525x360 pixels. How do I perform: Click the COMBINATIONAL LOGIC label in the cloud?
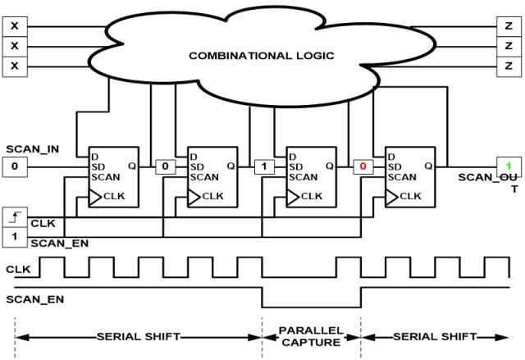click(262, 56)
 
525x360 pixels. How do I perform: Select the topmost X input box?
click(15, 26)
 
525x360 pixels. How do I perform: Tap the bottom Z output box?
click(509, 66)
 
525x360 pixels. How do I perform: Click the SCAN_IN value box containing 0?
click(15, 166)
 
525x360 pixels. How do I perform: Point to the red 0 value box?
click(363, 166)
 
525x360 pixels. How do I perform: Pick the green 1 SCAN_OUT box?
click(509, 166)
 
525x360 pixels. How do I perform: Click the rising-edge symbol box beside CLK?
click(15, 217)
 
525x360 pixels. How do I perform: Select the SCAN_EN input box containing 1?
click(15, 237)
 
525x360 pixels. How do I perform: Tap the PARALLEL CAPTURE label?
click(311, 336)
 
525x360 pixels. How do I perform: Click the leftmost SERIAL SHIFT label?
click(139, 336)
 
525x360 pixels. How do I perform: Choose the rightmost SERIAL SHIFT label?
click(435, 336)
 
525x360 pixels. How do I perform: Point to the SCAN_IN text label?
click(33, 149)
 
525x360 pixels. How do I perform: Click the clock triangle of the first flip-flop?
click(95, 198)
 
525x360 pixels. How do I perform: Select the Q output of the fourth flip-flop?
click(428, 166)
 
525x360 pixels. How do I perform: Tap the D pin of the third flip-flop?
click(292, 157)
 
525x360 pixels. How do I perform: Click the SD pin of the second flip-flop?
click(197, 166)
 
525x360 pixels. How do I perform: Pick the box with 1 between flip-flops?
click(264, 166)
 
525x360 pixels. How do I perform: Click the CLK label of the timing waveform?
click(18, 269)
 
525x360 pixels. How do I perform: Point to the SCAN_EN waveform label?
click(34, 299)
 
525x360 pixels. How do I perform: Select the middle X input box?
click(15, 47)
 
